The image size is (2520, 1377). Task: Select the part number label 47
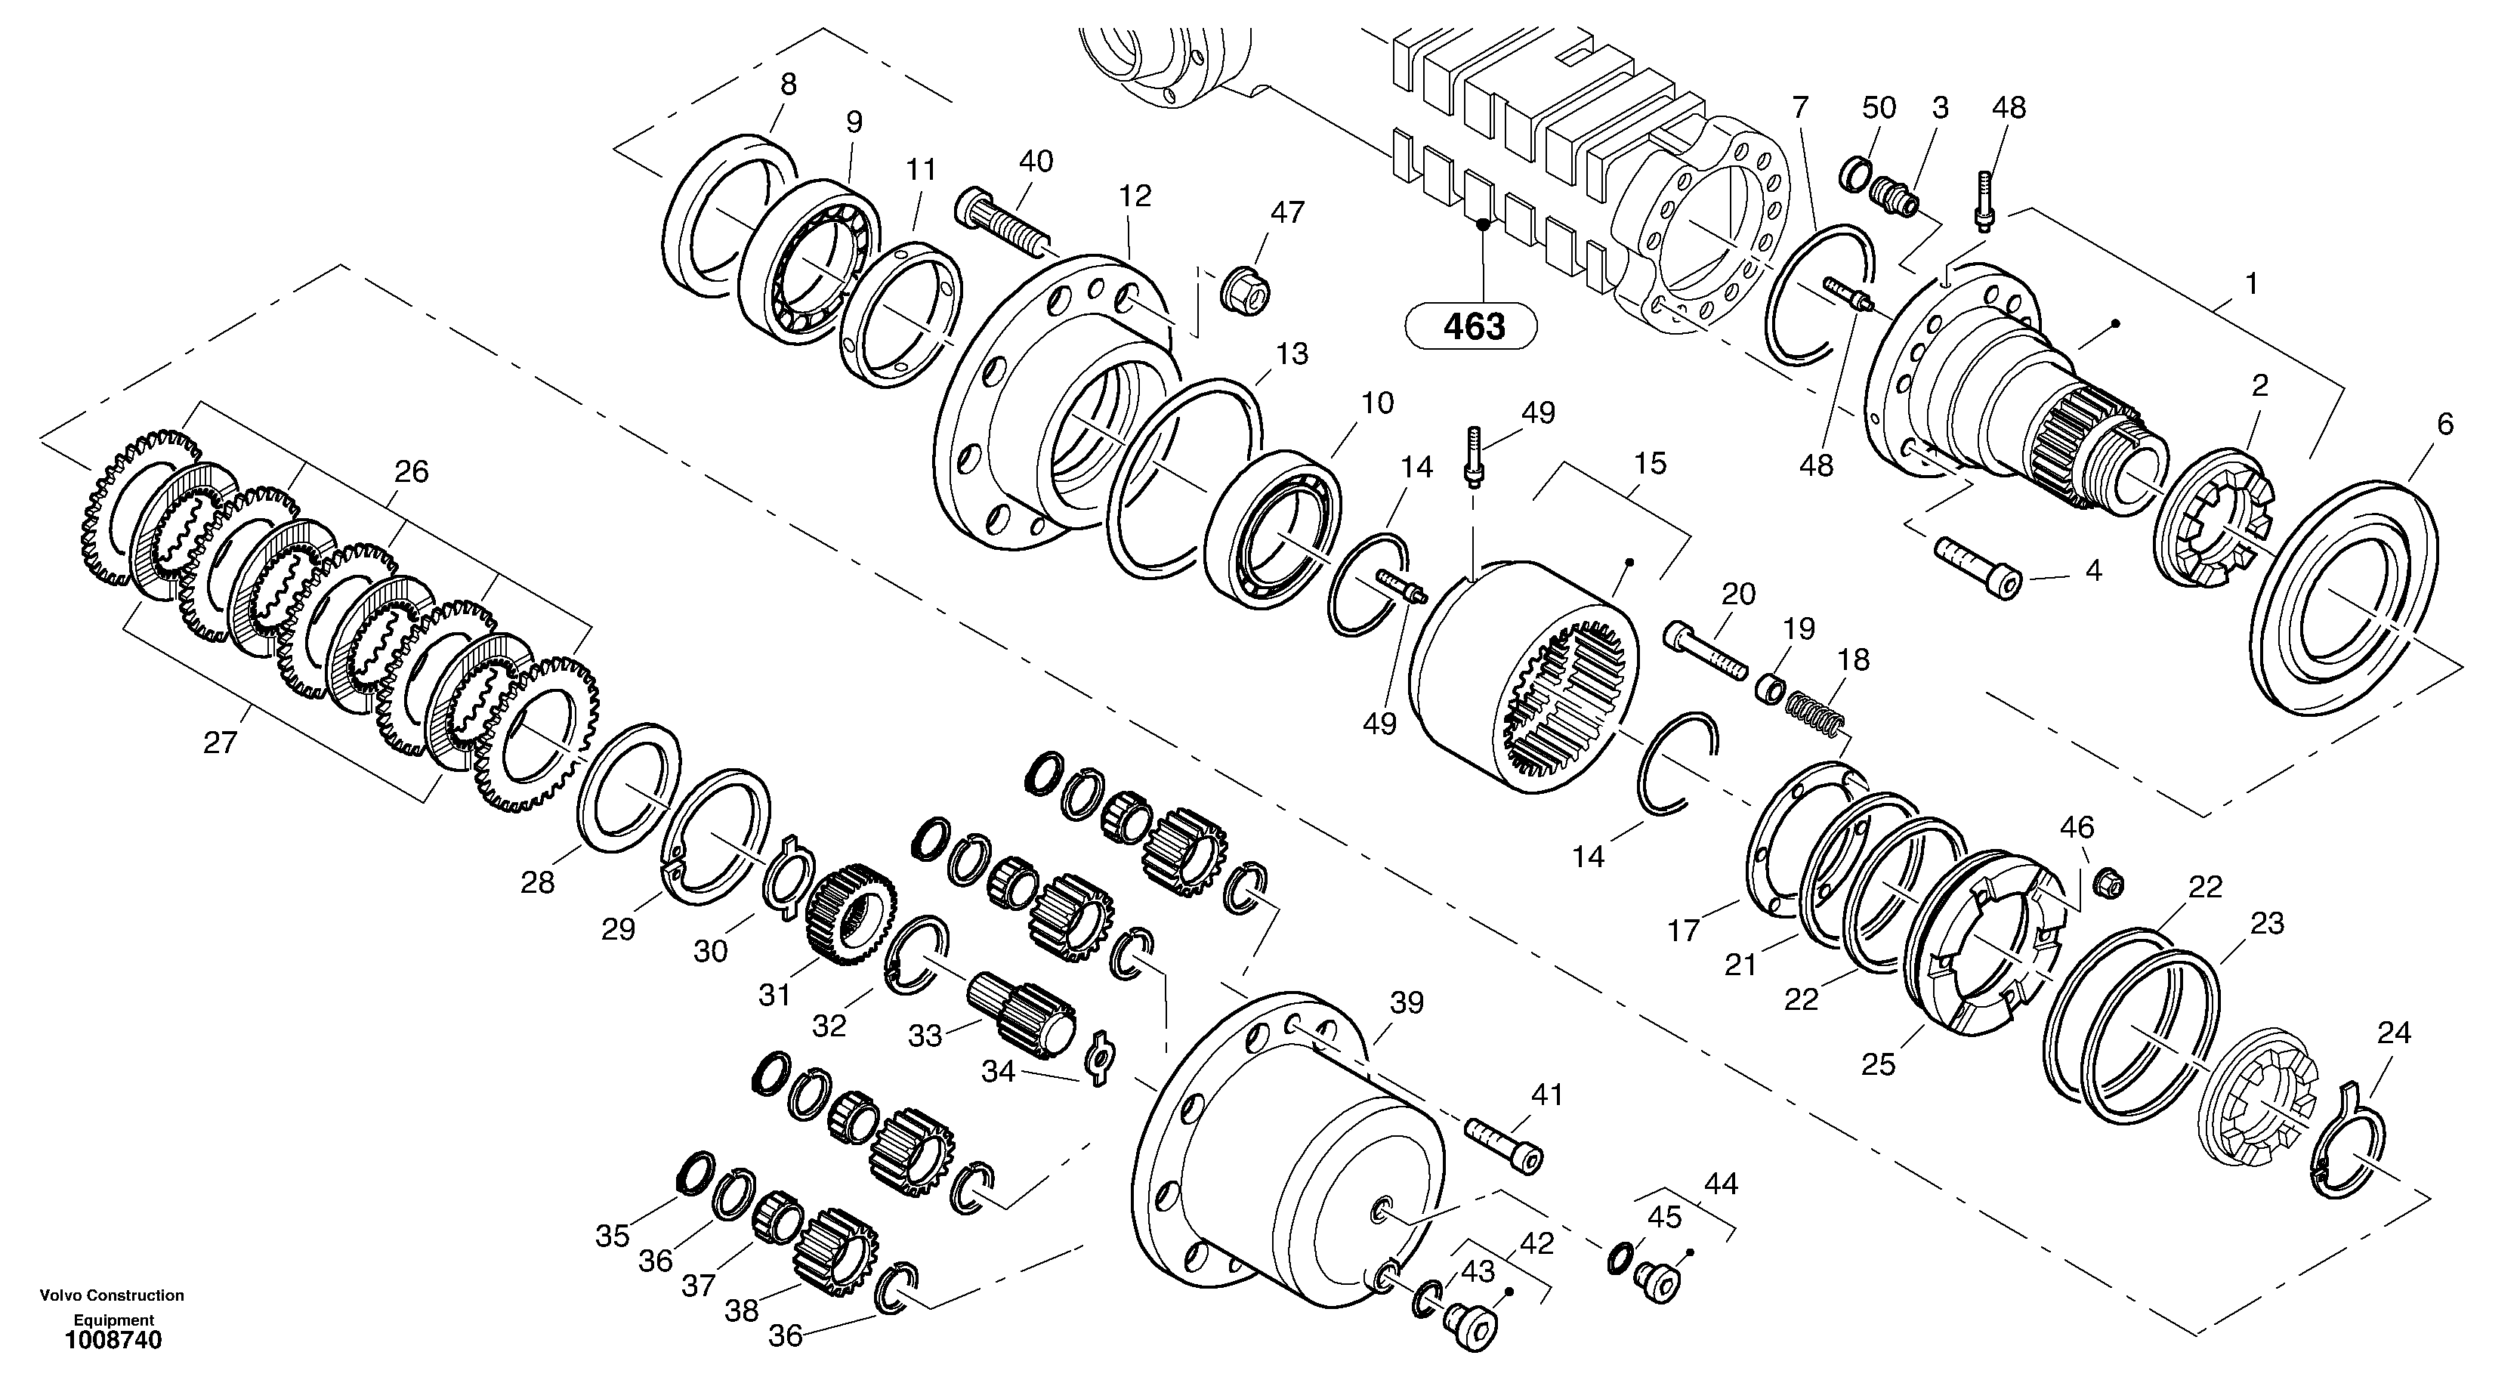click(x=1287, y=212)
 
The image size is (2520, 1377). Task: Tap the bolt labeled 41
click(x=1503, y=1142)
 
